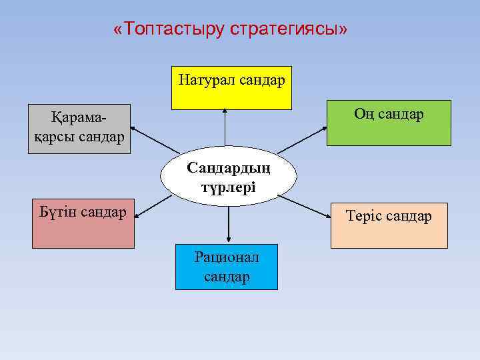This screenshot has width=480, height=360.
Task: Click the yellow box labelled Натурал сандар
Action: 231,87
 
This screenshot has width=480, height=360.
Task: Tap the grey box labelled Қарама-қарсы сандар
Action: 79,128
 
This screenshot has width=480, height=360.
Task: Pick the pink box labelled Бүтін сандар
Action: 83,223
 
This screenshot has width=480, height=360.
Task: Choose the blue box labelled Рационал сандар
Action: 227,267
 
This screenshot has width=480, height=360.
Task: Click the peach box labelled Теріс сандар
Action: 389,225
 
